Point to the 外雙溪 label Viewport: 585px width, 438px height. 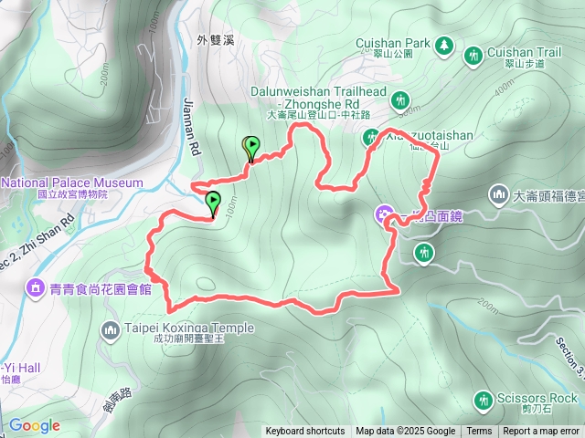click(x=216, y=40)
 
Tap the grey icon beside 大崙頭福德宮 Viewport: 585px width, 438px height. click(x=499, y=193)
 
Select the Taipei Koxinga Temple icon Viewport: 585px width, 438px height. click(x=110, y=328)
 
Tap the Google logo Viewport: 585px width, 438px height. click(x=34, y=425)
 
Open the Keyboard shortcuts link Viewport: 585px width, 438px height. click(x=304, y=432)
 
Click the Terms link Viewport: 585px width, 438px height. click(x=479, y=432)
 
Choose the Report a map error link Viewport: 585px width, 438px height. click(x=541, y=432)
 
